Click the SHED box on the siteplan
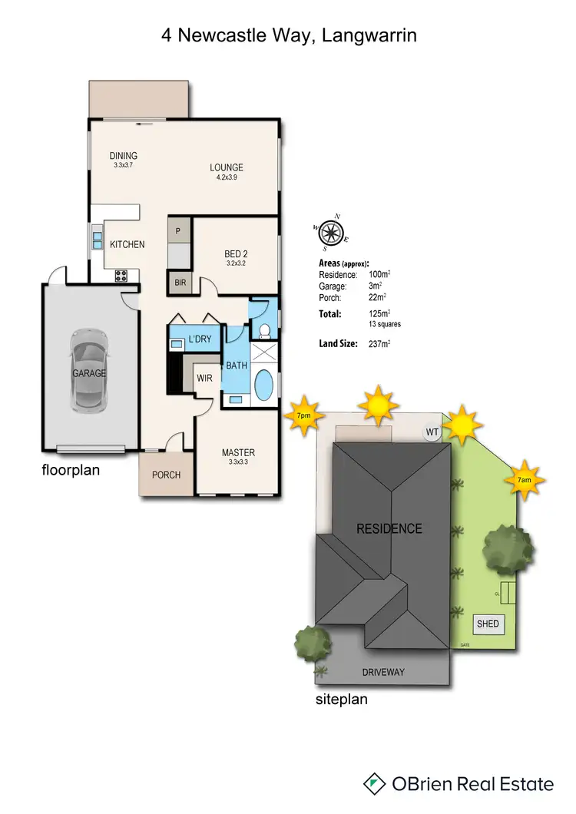tap(488, 624)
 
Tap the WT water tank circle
tap(432, 432)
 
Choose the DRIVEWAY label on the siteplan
tap(382, 672)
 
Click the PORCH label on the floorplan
tap(165, 475)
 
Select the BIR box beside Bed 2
tap(180, 283)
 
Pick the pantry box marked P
tap(178, 230)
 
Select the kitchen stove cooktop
tap(122, 276)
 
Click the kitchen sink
tap(98, 240)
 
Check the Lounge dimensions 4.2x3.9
tap(227, 178)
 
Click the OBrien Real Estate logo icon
tap(374, 783)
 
